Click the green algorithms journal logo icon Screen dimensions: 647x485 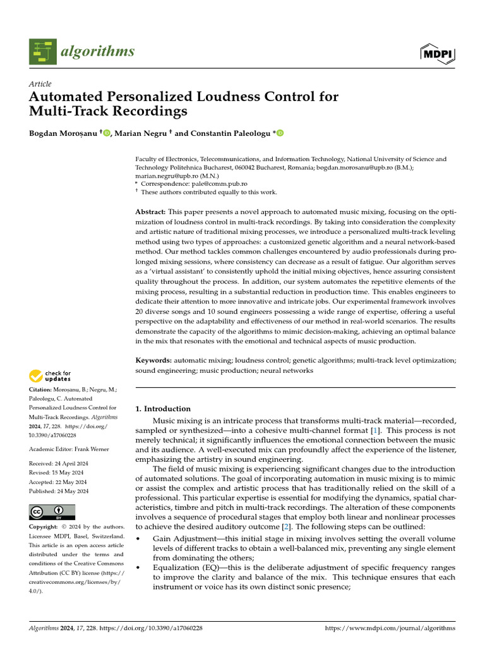[43, 51]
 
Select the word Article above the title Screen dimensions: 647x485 [40, 84]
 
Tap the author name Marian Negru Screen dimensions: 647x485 [141, 133]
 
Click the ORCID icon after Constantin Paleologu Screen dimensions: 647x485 [280, 133]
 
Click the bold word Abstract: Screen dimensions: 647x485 [151, 211]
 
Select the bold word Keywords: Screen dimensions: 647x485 [153, 360]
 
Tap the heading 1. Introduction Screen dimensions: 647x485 [163, 409]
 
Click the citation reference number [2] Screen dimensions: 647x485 [288, 526]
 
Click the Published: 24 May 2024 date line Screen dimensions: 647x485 [59, 491]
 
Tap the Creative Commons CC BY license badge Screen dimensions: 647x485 [52, 511]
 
